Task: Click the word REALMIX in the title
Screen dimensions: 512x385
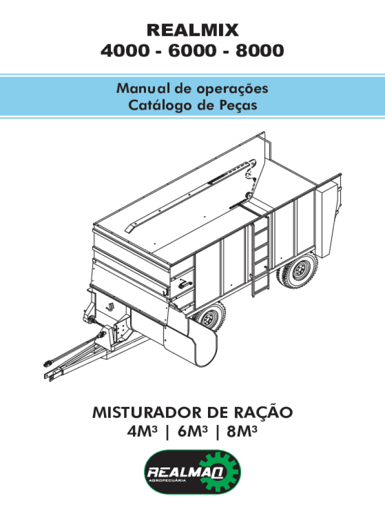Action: [x=192, y=31]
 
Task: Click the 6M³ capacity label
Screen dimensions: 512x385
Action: [x=192, y=431]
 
